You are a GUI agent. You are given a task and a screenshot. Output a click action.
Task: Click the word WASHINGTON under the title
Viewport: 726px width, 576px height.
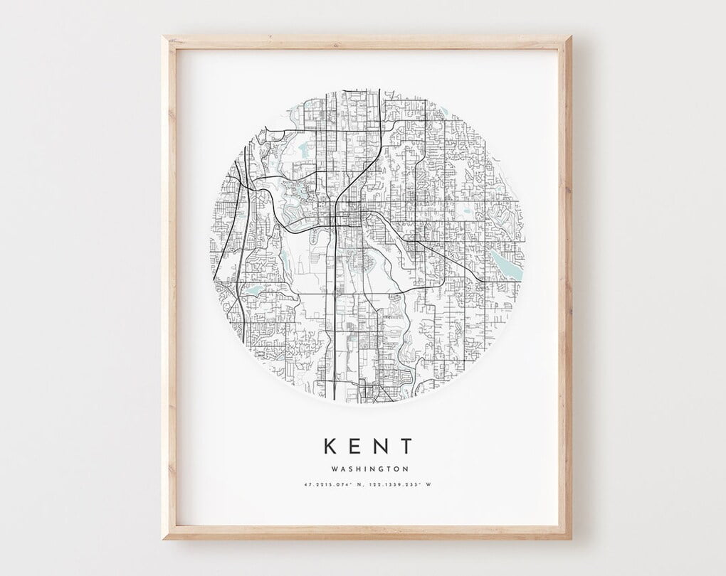coord(369,469)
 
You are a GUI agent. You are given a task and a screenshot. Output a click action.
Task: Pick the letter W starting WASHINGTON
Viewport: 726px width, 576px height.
coord(334,469)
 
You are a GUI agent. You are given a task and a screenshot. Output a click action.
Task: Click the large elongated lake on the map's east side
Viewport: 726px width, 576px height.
coord(507,263)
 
